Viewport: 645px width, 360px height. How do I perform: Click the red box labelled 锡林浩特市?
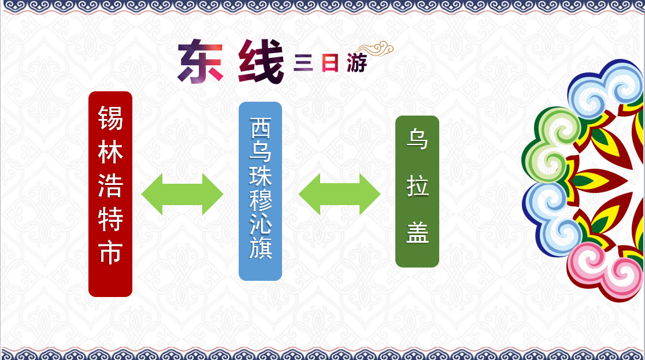(x=110, y=194)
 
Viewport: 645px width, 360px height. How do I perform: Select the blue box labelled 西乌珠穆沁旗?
(x=261, y=191)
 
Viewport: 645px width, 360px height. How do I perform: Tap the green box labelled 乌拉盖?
(x=417, y=192)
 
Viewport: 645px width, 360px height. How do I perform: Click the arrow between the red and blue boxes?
(x=182, y=194)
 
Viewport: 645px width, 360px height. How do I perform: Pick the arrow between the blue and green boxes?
(x=339, y=194)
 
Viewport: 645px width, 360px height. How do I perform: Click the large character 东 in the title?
(x=201, y=61)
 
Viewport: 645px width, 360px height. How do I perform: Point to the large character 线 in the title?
(x=261, y=61)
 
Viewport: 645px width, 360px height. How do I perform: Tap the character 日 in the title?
(x=330, y=64)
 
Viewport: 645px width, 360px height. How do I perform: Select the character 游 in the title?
(x=356, y=63)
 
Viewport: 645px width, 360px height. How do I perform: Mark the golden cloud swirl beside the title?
(x=376, y=49)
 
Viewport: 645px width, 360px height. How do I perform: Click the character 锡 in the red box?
(x=110, y=118)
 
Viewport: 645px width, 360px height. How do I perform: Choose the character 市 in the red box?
(x=110, y=252)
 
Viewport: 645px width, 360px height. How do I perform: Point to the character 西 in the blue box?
(x=261, y=128)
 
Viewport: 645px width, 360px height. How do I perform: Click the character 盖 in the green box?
(x=417, y=232)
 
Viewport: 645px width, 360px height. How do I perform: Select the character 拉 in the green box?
(x=417, y=186)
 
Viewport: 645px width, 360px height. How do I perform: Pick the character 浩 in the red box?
(x=110, y=185)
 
